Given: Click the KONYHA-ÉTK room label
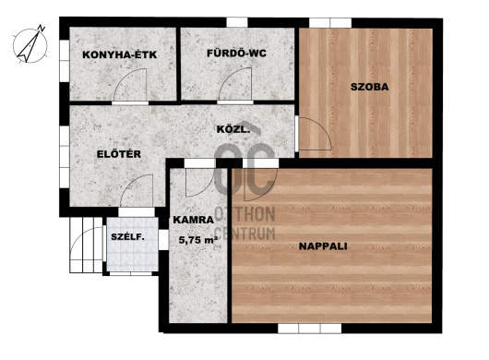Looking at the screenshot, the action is (x=119, y=54).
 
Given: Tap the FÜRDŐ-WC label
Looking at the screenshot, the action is (x=237, y=53).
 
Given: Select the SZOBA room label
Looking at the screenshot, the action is (x=370, y=87).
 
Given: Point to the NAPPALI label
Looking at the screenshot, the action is (x=323, y=246).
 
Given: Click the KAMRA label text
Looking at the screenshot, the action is (x=194, y=220).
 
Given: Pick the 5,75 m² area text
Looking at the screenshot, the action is (x=198, y=240).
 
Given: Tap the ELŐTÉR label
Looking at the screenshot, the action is (x=119, y=154).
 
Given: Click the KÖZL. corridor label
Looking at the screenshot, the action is (x=233, y=129).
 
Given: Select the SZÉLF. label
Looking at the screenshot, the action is (x=128, y=237).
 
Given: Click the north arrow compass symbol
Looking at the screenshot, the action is (x=30, y=44).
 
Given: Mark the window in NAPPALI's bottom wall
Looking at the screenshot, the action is (x=310, y=329).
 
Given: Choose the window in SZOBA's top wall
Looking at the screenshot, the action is (x=330, y=23).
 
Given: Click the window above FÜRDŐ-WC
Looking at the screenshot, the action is (x=237, y=22).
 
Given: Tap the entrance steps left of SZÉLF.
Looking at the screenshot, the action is (x=86, y=245).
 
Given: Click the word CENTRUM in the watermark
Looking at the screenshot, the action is (x=245, y=234).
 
